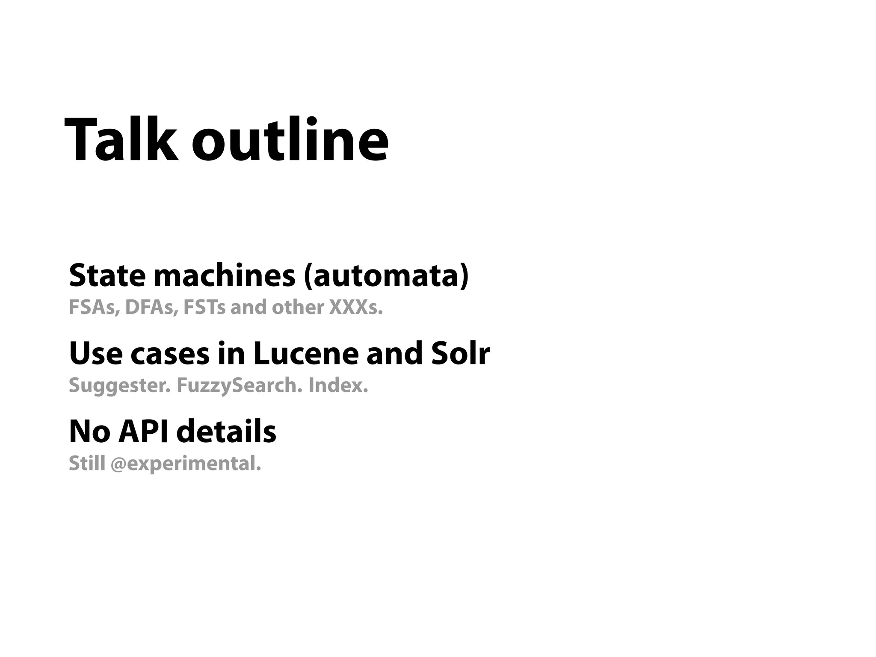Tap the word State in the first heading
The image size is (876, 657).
click(x=107, y=275)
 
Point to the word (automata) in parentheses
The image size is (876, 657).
click(x=386, y=276)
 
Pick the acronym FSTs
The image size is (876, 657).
click(x=204, y=308)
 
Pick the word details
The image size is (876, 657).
click(x=226, y=432)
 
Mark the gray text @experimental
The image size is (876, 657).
click(x=186, y=464)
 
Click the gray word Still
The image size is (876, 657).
click(x=87, y=463)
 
